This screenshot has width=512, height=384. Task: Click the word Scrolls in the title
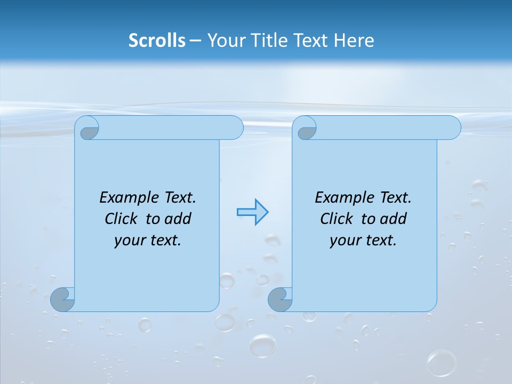[x=157, y=41]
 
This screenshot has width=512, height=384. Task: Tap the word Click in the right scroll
[x=337, y=219]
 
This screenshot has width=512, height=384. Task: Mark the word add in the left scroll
[x=178, y=219]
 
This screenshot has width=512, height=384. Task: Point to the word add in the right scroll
[x=394, y=219]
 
